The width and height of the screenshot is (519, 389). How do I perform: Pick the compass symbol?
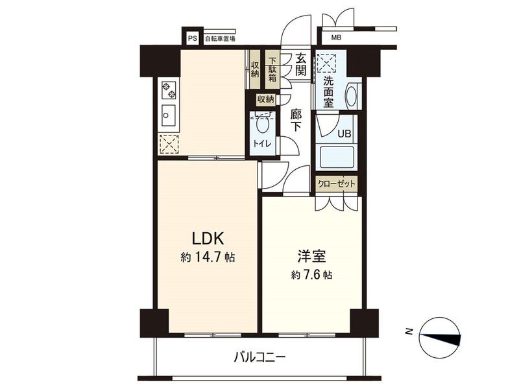coord(439,336)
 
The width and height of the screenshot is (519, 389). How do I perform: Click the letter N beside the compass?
coord(409,332)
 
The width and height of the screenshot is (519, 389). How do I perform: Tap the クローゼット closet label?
coord(336,184)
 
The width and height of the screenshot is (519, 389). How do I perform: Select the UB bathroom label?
coord(344,135)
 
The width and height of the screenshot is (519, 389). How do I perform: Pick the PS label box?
coord(192,38)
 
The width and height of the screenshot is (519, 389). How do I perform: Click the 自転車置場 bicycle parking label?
coord(220,39)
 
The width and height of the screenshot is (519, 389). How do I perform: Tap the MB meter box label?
coord(335,38)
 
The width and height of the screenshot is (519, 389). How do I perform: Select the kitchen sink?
coord(168,117)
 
